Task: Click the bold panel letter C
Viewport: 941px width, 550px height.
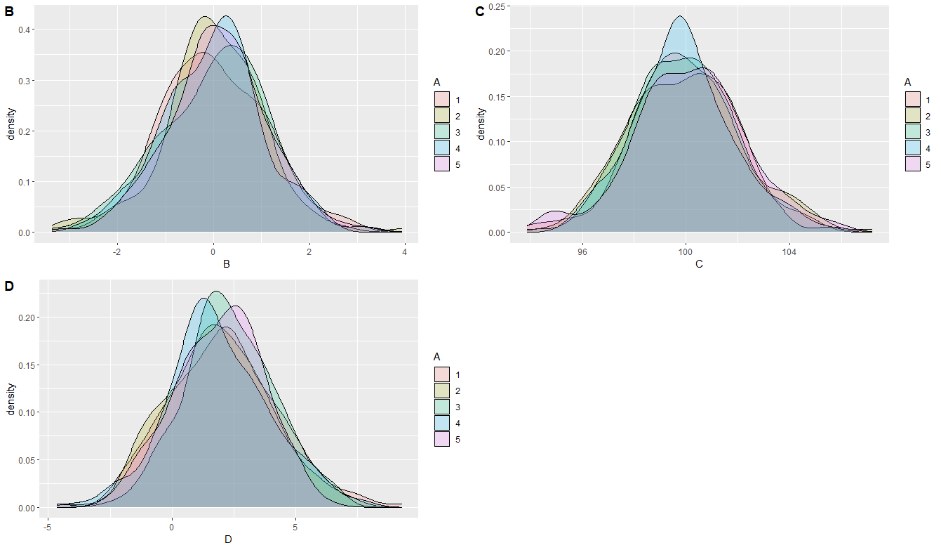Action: click(480, 11)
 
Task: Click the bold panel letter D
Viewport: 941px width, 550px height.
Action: click(9, 286)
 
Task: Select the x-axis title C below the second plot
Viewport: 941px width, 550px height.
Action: click(699, 265)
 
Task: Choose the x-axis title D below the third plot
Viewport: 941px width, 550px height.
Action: click(227, 539)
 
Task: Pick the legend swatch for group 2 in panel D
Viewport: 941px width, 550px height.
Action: click(441, 391)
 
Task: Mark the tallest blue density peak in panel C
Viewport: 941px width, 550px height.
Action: click(680, 17)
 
